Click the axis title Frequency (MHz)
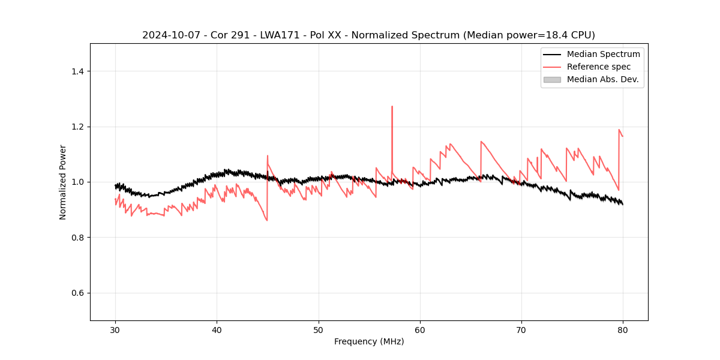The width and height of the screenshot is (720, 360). point(369,341)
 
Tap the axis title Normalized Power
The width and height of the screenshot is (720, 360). point(63,182)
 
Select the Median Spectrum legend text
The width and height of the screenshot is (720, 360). point(603,54)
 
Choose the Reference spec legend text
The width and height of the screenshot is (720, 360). point(599,67)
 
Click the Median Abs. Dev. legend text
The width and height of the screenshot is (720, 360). point(603,79)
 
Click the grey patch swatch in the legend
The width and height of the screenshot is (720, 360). point(552,79)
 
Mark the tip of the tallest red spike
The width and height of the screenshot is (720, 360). point(392,106)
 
